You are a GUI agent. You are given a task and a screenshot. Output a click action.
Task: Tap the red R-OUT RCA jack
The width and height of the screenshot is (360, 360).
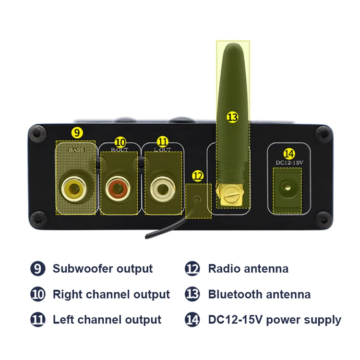pos(118,185)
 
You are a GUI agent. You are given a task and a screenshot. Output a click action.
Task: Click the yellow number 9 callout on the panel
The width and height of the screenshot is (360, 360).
pos(77,132)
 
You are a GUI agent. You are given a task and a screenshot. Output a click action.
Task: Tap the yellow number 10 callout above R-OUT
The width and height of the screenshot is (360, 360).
pos(120,142)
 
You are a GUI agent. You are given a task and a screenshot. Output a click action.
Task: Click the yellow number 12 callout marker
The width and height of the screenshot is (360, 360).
pos(197,176)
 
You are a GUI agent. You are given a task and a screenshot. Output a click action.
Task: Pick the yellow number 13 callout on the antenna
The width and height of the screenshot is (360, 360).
pos(232,117)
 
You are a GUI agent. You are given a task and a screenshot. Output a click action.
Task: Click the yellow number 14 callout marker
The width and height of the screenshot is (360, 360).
pos(288,154)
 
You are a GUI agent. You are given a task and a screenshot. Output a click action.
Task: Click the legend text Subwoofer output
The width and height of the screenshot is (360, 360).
pos(102,269)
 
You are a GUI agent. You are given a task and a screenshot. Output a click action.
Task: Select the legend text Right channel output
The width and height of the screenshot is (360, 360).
pos(111,294)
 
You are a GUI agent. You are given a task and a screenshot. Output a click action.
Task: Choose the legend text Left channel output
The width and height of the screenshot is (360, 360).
pos(107,320)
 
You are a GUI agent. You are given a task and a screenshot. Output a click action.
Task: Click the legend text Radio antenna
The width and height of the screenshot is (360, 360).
pos(248,269)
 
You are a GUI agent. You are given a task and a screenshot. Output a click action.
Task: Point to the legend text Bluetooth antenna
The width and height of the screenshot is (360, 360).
pos(259,294)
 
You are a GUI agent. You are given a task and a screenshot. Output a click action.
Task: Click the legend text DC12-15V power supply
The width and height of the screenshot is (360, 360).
pos(275,320)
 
